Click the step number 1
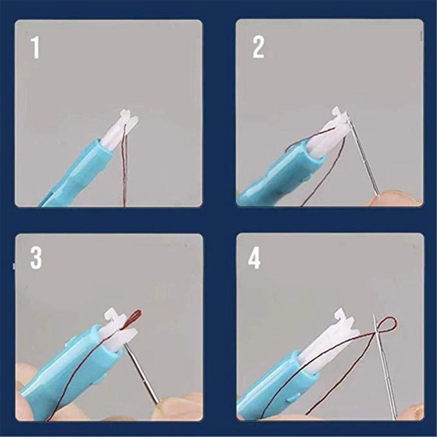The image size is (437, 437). (35, 48)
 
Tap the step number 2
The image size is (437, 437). (258, 48)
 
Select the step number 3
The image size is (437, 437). (36, 259)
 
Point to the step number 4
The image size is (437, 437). (254, 259)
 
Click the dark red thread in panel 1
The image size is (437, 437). (124, 175)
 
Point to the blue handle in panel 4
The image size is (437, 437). (271, 389)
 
